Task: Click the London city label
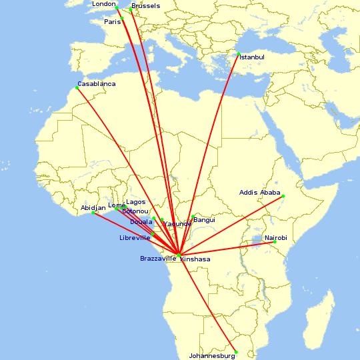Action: coord(104,4)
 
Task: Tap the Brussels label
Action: coord(146,6)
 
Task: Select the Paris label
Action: coord(113,21)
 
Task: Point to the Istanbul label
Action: coord(252,57)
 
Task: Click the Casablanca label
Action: coord(97,84)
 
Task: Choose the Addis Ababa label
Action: coord(260,193)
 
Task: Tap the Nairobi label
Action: coord(276,238)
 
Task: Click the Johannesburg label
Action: coord(213,356)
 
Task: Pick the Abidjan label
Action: coord(93,208)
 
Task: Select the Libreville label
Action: coord(135,238)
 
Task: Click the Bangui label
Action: coord(205,219)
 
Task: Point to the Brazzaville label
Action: coord(158,258)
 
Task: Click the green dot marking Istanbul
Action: coord(238,53)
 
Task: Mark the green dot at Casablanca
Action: coord(77,88)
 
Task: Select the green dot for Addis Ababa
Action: coord(283,196)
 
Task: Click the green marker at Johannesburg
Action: coord(236,352)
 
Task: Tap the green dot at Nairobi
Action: coord(275,242)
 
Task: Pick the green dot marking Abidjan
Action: coord(93,213)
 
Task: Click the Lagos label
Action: coord(136,202)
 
